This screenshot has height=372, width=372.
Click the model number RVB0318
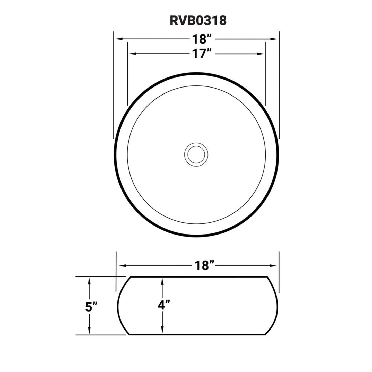click(x=198, y=21)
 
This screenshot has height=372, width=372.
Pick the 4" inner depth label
click(x=164, y=305)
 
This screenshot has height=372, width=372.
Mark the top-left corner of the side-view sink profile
click(x=131, y=277)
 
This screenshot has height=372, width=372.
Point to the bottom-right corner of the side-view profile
click(x=265, y=334)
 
